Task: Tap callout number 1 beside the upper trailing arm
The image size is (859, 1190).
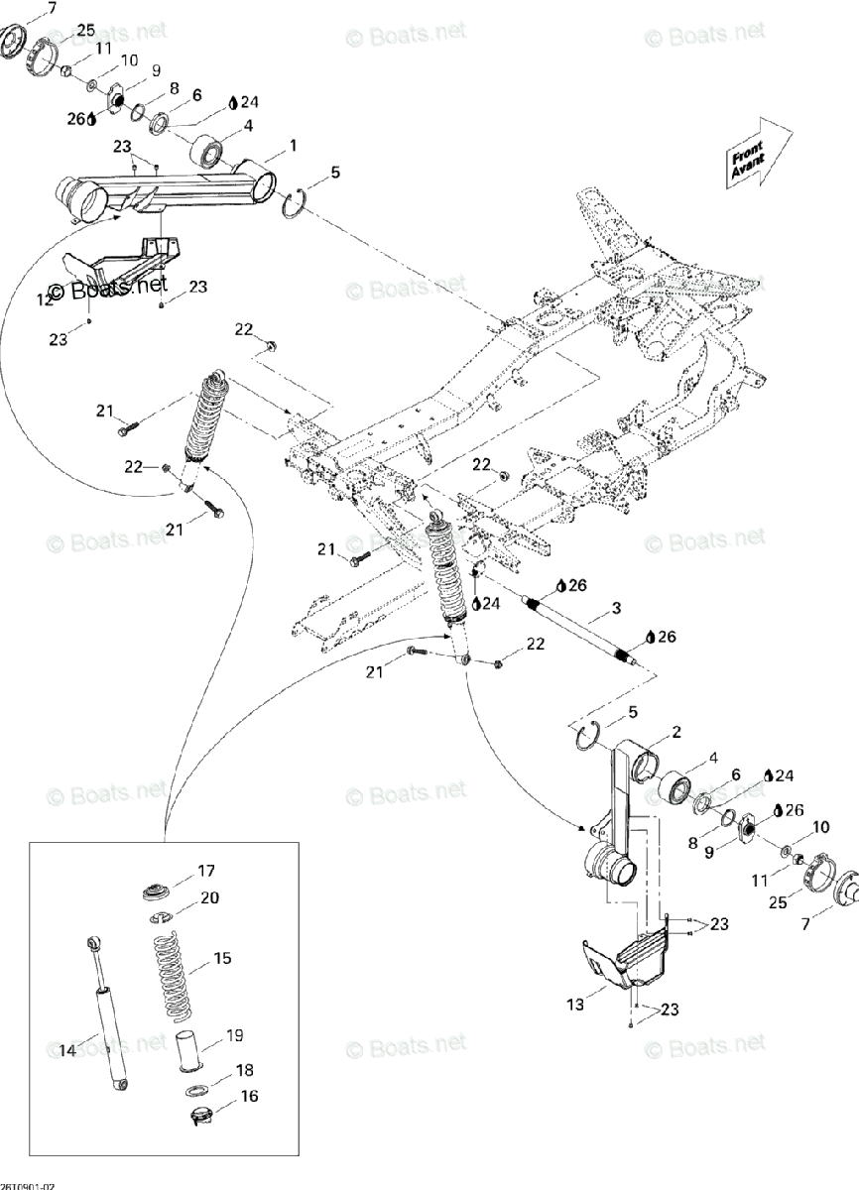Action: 293,145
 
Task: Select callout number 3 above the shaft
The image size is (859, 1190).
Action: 616,607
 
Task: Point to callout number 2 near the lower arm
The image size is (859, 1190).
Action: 675,733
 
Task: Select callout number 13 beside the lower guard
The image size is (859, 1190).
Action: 576,1006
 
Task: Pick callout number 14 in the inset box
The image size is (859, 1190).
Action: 66,1050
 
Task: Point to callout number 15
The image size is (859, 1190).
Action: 222,959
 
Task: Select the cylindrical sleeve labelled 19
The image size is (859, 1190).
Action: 188,1051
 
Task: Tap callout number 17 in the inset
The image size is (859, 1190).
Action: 205,872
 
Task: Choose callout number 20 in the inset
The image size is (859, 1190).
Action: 210,897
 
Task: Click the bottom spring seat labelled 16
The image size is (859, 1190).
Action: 202,1119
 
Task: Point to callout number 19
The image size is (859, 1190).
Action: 234,1036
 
